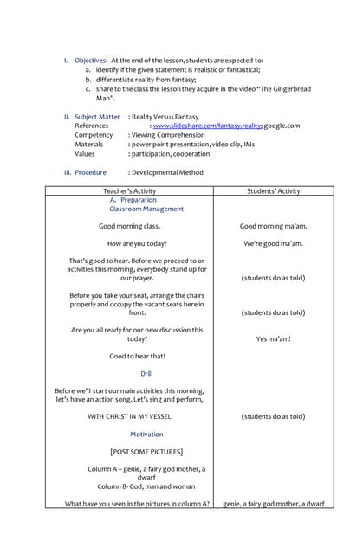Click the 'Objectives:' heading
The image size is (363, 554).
click(91, 60)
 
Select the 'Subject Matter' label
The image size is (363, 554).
click(97, 116)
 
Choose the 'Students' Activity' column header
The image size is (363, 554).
click(273, 190)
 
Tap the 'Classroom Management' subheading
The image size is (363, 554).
click(146, 209)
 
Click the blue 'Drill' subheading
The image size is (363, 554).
click(146, 373)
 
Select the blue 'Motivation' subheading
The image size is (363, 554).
click(146, 434)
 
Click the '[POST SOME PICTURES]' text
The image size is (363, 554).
click(146, 451)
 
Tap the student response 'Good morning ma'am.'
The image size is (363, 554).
click(273, 226)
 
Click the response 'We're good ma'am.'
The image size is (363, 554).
click(273, 243)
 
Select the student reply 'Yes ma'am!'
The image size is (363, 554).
click(273, 338)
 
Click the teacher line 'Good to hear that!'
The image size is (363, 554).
click(137, 356)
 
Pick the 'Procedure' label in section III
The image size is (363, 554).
click(90, 172)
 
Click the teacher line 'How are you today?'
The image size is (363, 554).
click(137, 243)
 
